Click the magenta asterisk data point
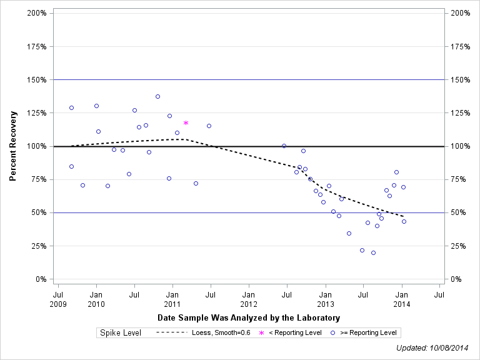[x=186, y=123]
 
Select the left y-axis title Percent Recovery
[x=13, y=146]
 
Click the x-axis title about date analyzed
[x=249, y=318]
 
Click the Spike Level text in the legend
[x=121, y=333]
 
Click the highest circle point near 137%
[x=157, y=96]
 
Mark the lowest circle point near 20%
[x=373, y=252]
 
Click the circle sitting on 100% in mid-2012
[x=284, y=146]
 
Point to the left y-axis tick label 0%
[x=41, y=279]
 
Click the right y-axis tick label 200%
[x=461, y=13]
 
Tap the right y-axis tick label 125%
[x=461, y=113]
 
